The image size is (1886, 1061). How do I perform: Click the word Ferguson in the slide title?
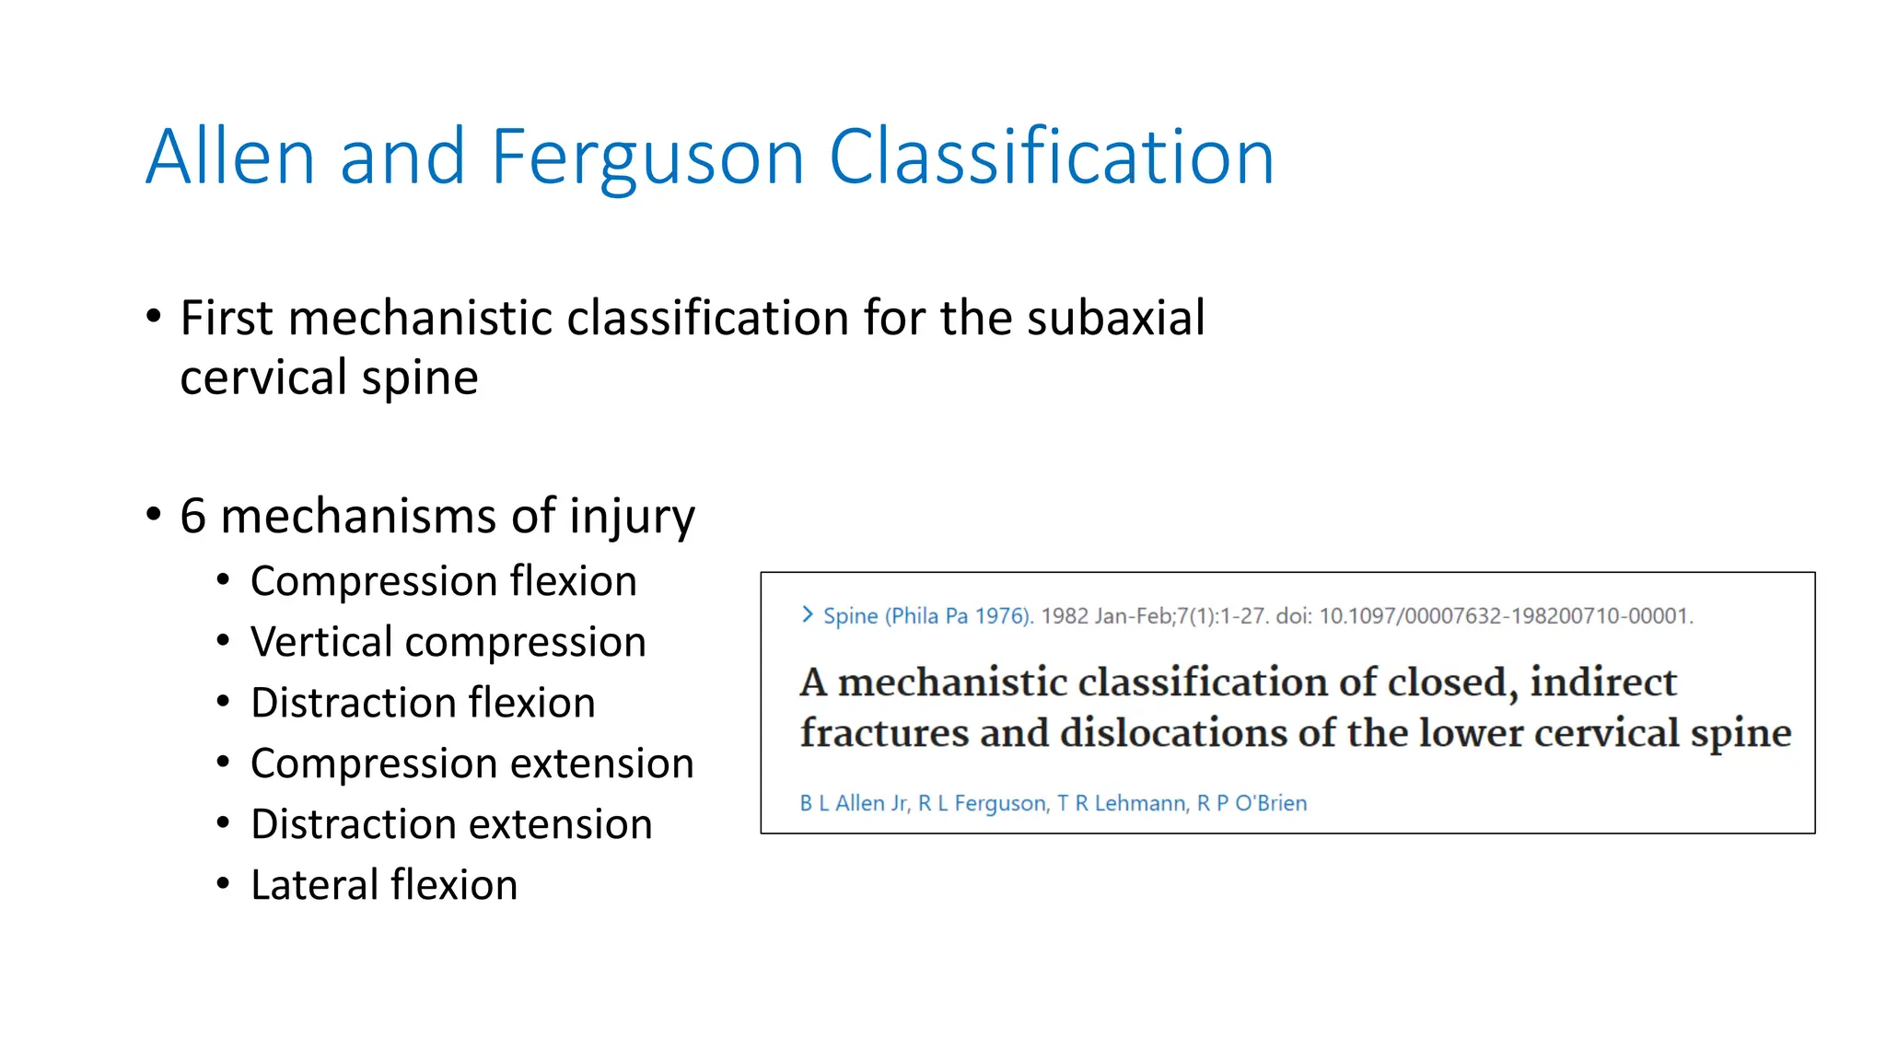(x=648, y=158)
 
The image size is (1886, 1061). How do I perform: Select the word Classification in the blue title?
(x=1052, y=158)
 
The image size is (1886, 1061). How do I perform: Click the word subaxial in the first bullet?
(x=1115, y=319)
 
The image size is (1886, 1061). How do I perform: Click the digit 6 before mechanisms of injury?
(x=192, y=516)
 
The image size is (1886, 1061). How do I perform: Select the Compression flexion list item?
(x=443, y=581)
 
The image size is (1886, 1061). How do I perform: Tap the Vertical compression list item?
(x=448, y=642)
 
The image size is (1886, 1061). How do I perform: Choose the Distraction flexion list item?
(x=423, y=703)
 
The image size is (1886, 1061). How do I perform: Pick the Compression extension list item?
(x=471, y=764)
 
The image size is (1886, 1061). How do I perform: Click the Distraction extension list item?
(x=451, y=824)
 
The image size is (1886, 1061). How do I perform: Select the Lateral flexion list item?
(x=384, y=885)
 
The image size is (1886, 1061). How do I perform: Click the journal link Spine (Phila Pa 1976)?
(x=927, y=616)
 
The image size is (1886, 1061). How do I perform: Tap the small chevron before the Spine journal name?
(x=808, y=614)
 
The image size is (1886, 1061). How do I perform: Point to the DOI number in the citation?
(x=1506, y=616)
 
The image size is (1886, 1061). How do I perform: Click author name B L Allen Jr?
(x=854, y=803)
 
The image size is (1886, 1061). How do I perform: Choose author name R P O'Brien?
(x=1252, y=803)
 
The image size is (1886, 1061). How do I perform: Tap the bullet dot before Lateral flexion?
(x=223, y=884)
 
